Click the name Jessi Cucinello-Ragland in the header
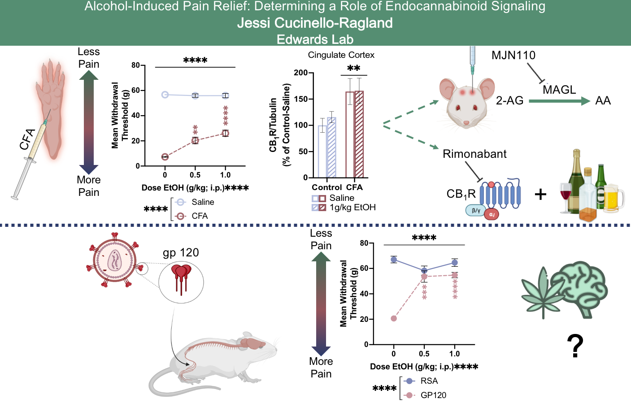click(315, 23)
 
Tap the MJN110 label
click(514, 56)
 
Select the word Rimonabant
click(474, 154)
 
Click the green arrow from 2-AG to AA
click(559, 101)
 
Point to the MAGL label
click(559, 90)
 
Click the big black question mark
click(575, 346)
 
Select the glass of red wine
click(566, 195)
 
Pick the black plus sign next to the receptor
click(540, 194)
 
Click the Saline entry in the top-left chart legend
click(203, 202)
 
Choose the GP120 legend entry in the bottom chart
click(433, 395)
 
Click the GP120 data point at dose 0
click(394, 319)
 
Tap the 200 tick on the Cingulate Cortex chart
click(300, 73)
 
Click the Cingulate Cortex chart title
click(341, 55)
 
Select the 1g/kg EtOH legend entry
click(352, 208)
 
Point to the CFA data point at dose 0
click(165, 157)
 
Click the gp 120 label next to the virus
click(181, 253)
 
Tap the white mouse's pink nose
click(466, 123)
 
